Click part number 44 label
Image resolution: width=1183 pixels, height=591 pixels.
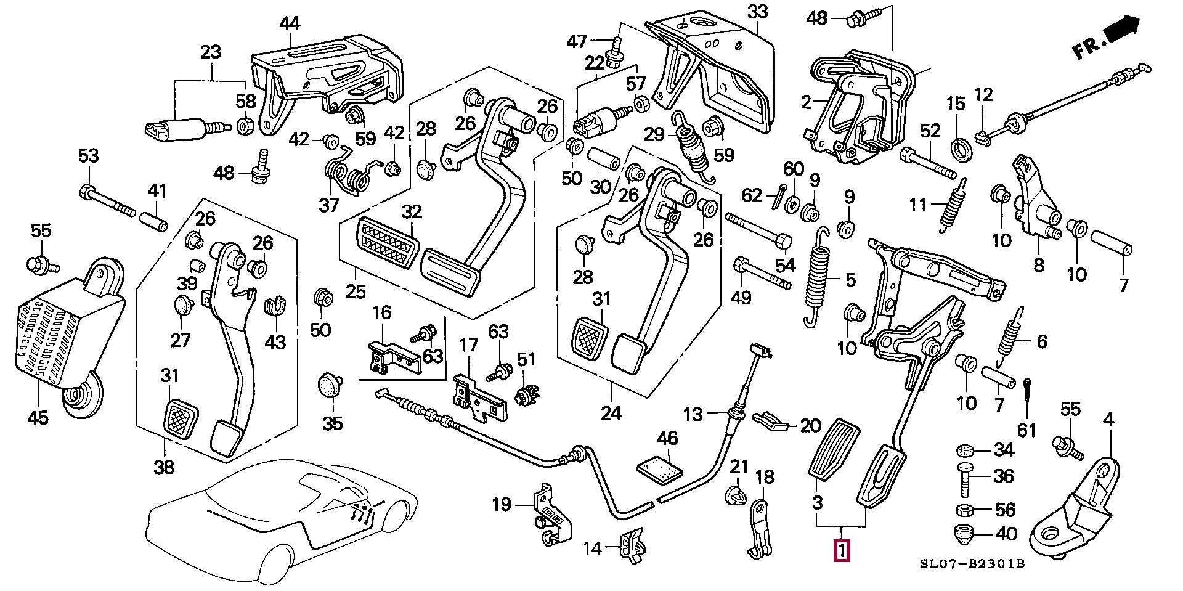(290, 24)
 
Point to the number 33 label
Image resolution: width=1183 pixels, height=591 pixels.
(758, 12)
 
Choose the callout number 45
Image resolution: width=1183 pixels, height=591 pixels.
(38, 418)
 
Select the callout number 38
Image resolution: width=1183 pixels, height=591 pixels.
(165, 468)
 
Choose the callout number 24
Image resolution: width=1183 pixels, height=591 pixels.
(611, 412)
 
